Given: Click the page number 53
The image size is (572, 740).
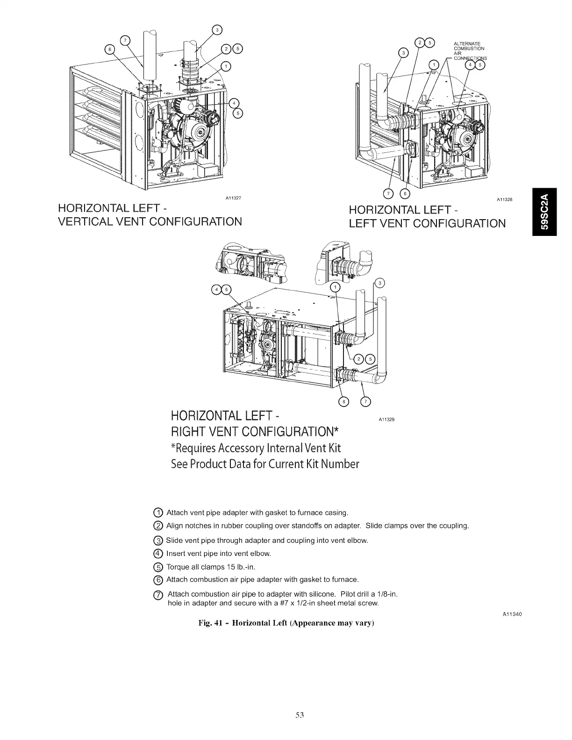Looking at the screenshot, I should [300, 715].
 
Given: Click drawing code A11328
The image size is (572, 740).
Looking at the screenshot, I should [504, 199].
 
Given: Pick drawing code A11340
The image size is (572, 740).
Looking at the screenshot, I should [512, 614].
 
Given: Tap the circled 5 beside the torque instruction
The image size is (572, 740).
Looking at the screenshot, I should [158, 567].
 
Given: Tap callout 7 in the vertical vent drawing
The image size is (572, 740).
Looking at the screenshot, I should [125, 40].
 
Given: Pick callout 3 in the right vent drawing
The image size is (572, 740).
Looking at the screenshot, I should [380, 283].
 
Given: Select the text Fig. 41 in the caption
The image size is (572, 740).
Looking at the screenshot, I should [212, 623].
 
